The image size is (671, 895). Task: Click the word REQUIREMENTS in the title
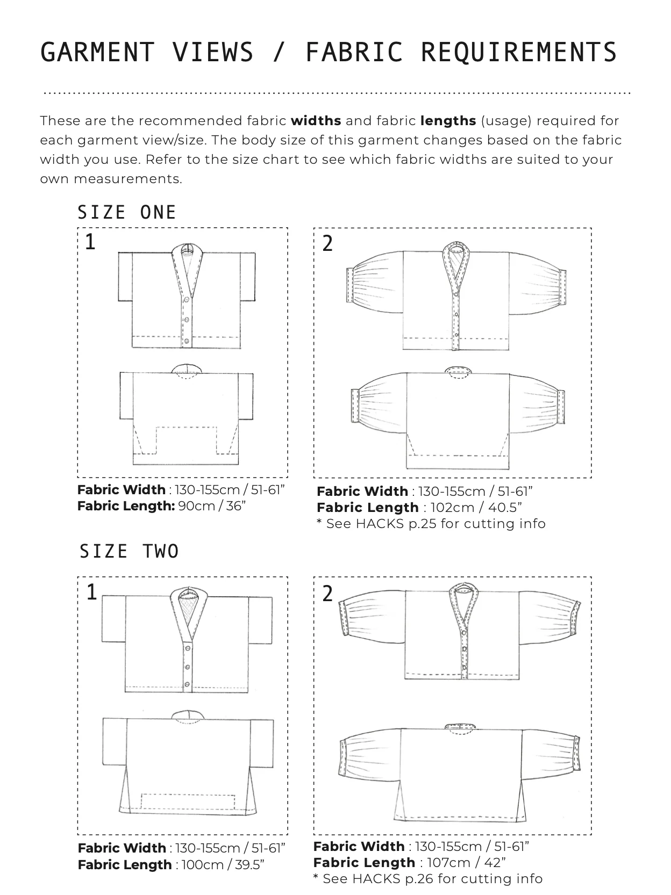(x=519, y=53)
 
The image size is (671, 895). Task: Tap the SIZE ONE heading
(x=127, y=213)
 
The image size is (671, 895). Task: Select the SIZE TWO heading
(x=129, y=552)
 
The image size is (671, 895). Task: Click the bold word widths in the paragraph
(x=316, y=121)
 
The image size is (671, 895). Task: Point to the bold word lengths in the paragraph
(x=448, y=121)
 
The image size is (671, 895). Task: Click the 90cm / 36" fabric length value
(x=212, y=506)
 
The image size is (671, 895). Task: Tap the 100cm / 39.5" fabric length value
(x=223, y=865)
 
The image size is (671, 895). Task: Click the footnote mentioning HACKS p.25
(x=431, y=524)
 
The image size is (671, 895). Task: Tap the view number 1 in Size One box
(x=90, y=243)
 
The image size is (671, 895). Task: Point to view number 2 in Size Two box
(x=327, y=594)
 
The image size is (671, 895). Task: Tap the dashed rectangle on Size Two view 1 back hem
(x=188, y=801)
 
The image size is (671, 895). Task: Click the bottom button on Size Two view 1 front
(x=188, y=684)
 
